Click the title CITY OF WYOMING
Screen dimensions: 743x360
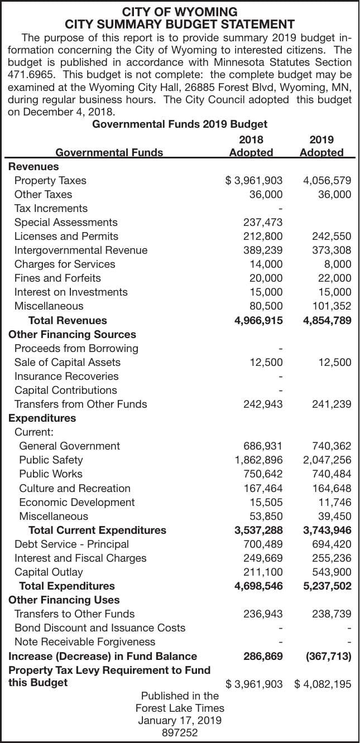(180, 12)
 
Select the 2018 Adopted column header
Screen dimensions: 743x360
(251, 146)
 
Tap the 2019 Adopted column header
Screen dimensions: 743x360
(321, 146)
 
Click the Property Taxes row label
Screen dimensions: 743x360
(50, 180)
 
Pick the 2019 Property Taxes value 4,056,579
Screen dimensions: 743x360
(327, 180)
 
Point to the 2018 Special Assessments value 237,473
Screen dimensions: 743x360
(263, 223)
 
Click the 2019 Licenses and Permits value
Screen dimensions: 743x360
(332, 237)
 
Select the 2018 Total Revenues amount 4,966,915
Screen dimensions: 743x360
(258, 321)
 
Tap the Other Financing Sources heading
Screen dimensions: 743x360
(72, 335)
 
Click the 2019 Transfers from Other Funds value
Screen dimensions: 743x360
(332, 404)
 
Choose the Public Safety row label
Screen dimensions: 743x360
(51, 460)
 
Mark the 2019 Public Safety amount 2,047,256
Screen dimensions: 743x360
(327, 460)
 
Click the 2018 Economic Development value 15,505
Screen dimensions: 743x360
(266, 502)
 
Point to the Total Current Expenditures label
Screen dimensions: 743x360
(97, 530)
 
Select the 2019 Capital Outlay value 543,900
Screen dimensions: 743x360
(332, 572)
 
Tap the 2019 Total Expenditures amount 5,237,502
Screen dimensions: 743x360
(327, 586)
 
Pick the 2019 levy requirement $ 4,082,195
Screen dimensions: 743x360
(323, 684)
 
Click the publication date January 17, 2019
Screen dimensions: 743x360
(180, 721)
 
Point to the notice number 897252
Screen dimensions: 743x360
(180, 733)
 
